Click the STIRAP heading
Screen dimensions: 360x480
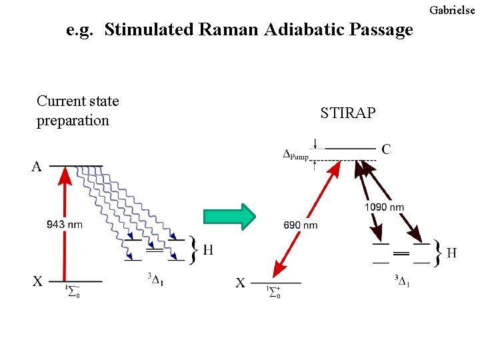coord(347,113)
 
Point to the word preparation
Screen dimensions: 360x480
coord(73,121)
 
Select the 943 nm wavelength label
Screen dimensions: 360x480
coord(65,224)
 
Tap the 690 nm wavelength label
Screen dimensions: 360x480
coord(300,225)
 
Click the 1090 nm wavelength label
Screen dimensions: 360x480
coord(384,207)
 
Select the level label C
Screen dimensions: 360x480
coord(386,149)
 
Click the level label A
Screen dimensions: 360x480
coord(37,167)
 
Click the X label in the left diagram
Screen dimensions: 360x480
coord(37,281)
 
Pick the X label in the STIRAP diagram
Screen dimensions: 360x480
coord(240,283)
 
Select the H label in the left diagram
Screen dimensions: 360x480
coord(208,250)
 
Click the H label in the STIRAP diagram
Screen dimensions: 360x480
coord(451,253)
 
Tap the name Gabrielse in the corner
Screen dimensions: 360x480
coord(454,10)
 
